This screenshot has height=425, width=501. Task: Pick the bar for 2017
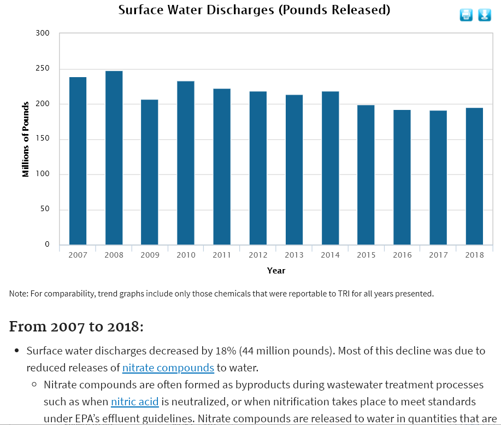pyautogui.click(x=438, y=177)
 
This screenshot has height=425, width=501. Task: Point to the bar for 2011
pyautogui.click(x=222, y=166)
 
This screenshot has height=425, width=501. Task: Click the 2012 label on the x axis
pyautogui.click(x=258, y=255)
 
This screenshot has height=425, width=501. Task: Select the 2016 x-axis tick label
pyautogui.click(x=402, y=255)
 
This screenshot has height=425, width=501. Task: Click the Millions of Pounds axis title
pyautogui.click(x=26, y=139)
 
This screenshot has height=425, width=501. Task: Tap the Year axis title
pyautogui.click(x=276, y=270)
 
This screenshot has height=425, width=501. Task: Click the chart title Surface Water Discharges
pyautogui.click(x=254, y=10)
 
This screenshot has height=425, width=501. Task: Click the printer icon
pyautogui.click(x=466, y=15)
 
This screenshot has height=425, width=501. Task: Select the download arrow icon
pyautogui.click(x=485, y=15)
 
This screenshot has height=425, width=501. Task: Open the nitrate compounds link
pyautogui.click(x=168, y=368)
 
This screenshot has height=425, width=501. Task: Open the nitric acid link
pyautogui.click(x=134, y=402)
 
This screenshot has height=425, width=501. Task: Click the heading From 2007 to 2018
pyautogui.click(x=76, y=327)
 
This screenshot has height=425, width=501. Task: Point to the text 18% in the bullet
pyautogui.click(x=201, y=351)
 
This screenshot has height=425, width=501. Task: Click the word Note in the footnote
pyautogui.click(x=18, y=294)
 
